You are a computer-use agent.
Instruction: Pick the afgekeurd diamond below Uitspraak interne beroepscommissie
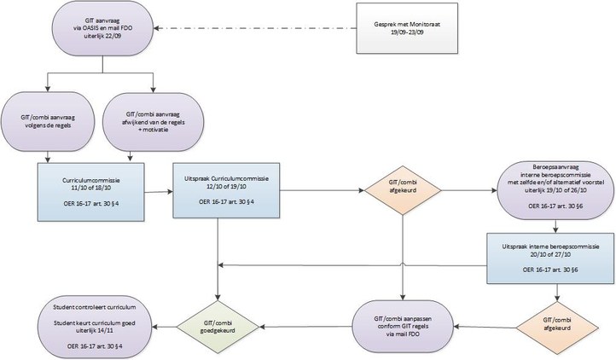pos(558,323)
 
